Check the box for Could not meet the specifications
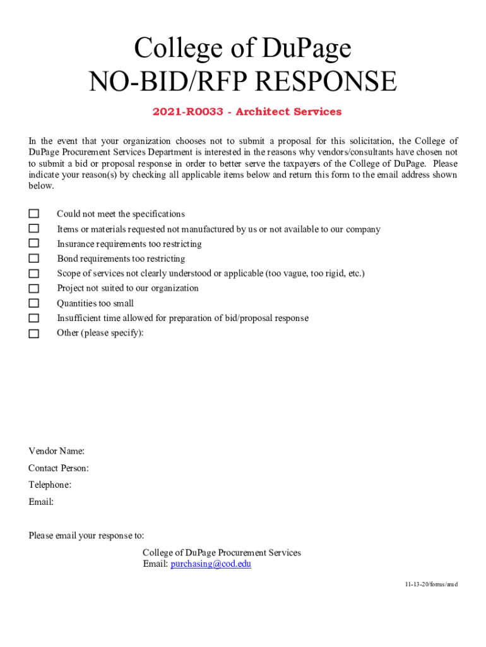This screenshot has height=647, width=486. click(x=33, y=214)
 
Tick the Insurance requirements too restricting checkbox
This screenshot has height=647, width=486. click(x=33, y=243)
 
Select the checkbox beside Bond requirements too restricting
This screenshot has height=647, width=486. click(x=33, y=258)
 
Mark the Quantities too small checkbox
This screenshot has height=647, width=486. click(x=33, y=303)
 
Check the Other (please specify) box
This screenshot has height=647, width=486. click(x=33, y=333)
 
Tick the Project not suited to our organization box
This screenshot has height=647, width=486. click(x=33, y=288)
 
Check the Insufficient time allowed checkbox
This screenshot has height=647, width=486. click(x=33, y=318)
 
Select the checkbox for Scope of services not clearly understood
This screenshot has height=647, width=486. click(x=33, y=274)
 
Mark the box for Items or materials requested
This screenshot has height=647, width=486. click(x=33, y=229)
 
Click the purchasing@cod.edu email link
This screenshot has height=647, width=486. click(x=211, y=564)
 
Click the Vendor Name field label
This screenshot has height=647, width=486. click(x=56, y=451)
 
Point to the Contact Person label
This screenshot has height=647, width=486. click(x=58, y=468)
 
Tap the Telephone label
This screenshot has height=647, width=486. click(x=50, y=485)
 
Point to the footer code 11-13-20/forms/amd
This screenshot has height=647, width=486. click(x=431, y=584)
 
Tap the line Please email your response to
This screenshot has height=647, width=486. click(x=86, y=536)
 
